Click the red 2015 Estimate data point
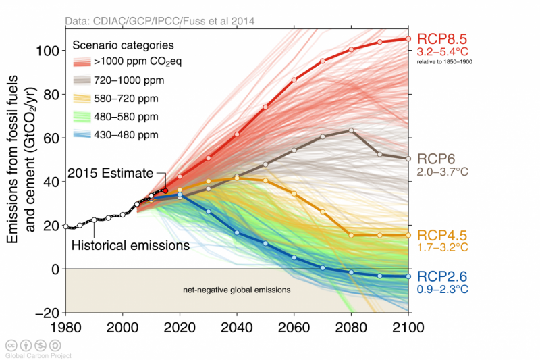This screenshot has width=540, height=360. (165, 190)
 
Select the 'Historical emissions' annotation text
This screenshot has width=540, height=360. (130, 245)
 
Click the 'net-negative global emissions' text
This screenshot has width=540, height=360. (237, 290)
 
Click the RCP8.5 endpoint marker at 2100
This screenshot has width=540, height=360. (408, 39)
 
